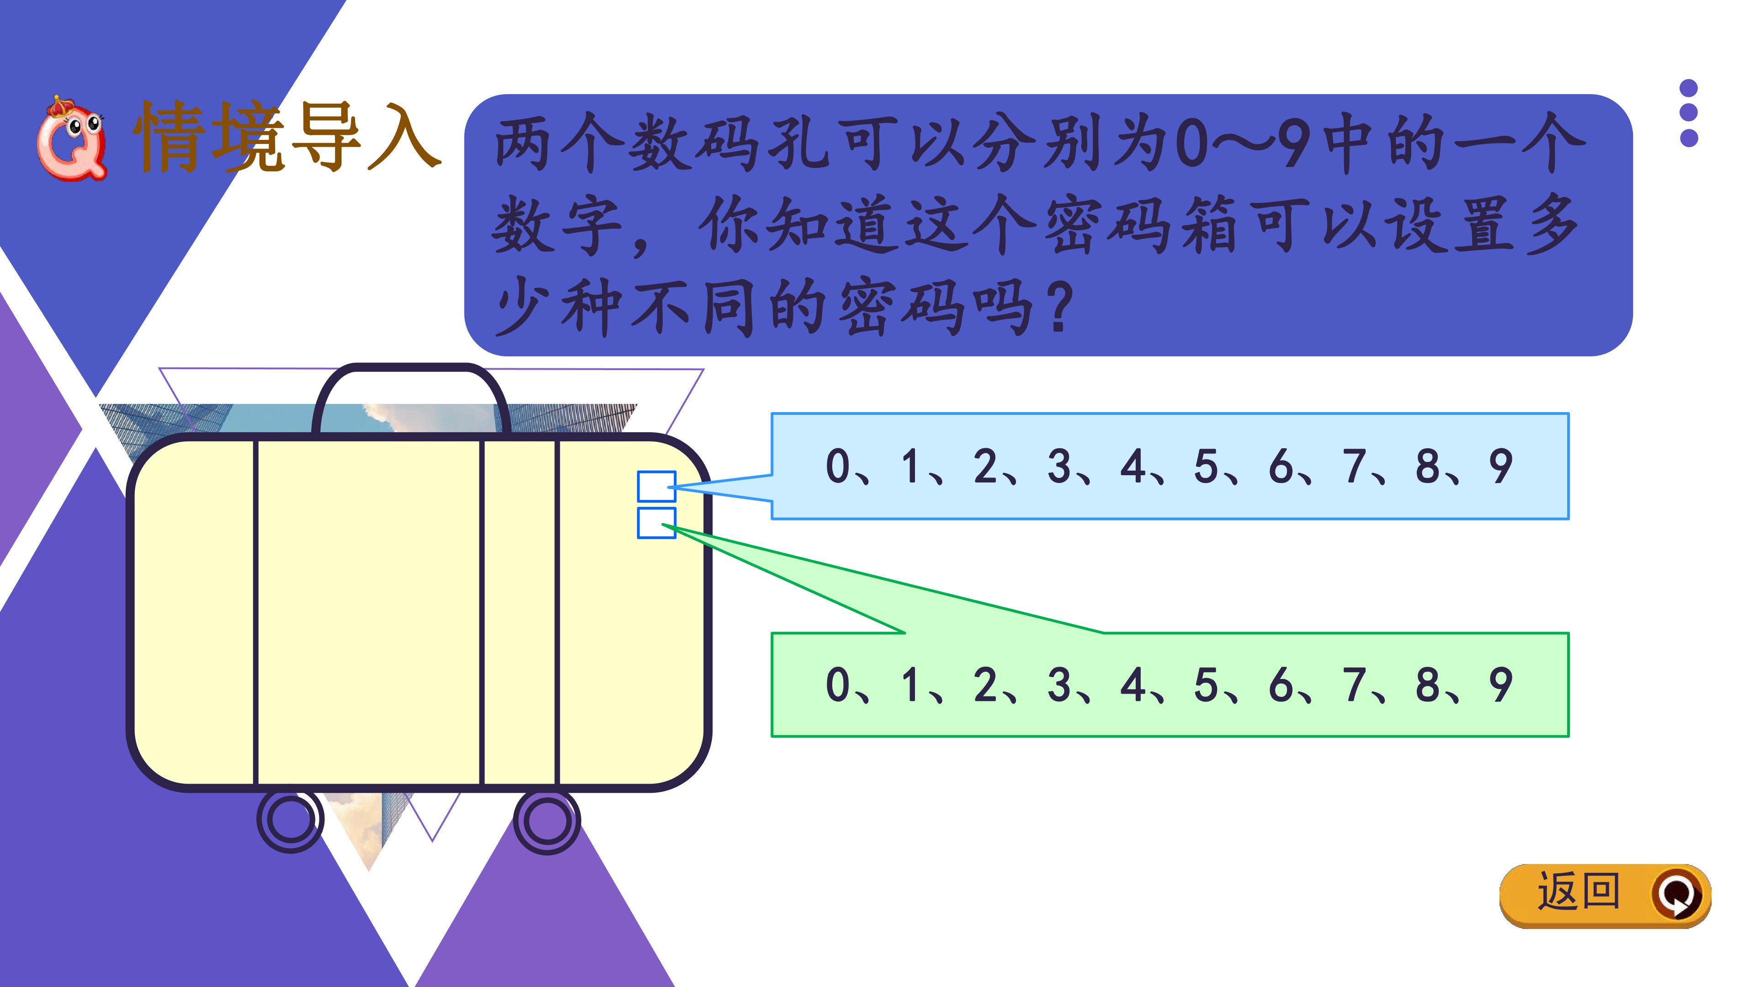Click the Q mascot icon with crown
(71, 138)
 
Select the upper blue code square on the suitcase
(656, 486)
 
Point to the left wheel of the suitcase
(290, 819)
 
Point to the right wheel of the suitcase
(547, 821)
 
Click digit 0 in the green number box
(837, 685)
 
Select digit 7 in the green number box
(1354, 685)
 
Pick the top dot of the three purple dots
(1689, 88)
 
